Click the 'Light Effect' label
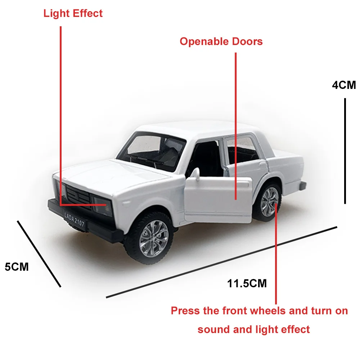click(x=73, y=14)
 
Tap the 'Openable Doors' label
click(x=221, y=41)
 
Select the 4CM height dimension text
click(x=344, y=85)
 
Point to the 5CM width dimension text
click(x=17, y=267)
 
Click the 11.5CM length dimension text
click(x=247, y=283)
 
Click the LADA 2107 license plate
click(x=75, y=220)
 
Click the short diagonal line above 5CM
click(x=39, y=254)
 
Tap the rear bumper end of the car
click(x=302, y=186)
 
